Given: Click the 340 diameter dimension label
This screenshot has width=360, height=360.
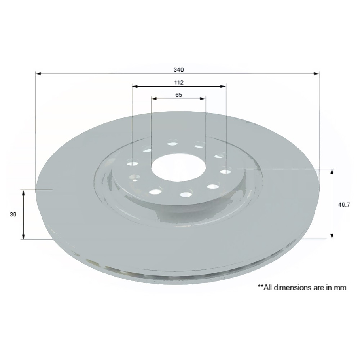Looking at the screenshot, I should [178, 70].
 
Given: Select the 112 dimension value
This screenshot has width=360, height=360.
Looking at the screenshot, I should [178, 83].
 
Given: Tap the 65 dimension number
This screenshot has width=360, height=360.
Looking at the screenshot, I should [178, 95].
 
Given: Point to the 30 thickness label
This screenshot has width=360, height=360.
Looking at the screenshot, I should [13, 214].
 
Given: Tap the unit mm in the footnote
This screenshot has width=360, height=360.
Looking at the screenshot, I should [341, 288].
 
